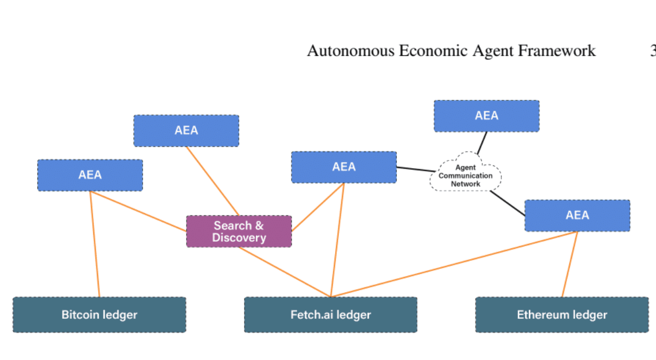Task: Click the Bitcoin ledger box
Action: coord(99,314)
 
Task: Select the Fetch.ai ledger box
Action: coord(331,314)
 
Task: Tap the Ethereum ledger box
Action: coord(562,314)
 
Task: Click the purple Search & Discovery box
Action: coord(239,232)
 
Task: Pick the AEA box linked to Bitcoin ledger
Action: coord(90,175)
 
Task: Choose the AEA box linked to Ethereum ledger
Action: coord(577,215)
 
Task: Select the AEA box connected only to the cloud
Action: coord(486,115)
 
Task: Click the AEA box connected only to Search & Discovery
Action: coord(186,131)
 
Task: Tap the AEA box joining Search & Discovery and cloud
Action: coord(344,167)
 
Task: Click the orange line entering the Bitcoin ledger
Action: coord(95,244)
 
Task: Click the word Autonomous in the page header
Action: coord(351,51)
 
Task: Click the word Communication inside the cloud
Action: coord(466,176)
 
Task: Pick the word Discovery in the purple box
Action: coord(239,238)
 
